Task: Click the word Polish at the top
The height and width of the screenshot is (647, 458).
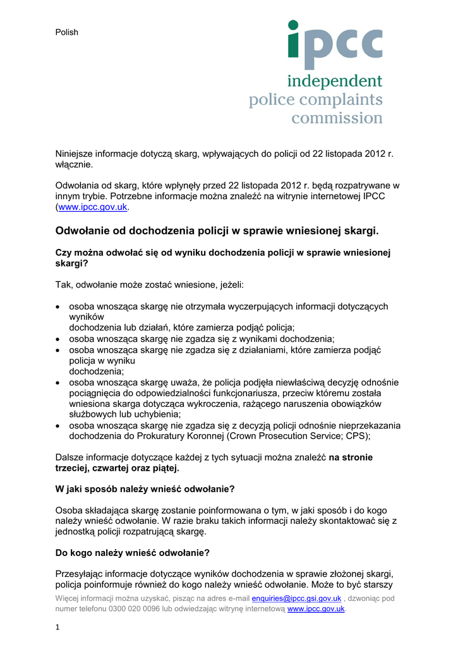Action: [67, 32]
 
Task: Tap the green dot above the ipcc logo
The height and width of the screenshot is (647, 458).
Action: [293, 25]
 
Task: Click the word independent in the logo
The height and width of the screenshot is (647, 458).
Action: [335, 82]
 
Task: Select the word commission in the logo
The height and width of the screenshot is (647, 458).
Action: [337, 118]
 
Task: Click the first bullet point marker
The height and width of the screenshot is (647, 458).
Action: [59, 307]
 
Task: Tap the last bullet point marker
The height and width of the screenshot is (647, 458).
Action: [59, 426]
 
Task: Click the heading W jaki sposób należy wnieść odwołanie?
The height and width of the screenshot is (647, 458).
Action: [145, 488]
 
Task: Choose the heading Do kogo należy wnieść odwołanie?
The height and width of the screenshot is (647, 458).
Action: [133, 553]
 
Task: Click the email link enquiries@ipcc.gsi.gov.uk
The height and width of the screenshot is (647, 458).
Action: [296, 598]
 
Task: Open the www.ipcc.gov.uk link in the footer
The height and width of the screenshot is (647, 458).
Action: [316, 609]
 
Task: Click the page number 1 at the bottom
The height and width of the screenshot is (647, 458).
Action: [57, 627]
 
